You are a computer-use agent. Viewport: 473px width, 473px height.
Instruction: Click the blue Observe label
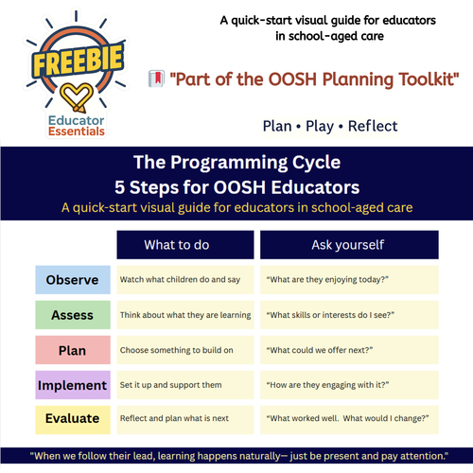point(72,280)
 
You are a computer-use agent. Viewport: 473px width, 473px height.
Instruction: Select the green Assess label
point(72,315)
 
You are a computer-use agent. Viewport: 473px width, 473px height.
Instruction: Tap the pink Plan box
point(72,350)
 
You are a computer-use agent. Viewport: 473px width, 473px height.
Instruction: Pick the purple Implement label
point(72,385)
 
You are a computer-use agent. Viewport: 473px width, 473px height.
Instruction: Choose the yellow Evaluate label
point(72,418)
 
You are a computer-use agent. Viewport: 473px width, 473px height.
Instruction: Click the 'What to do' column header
point(184,245)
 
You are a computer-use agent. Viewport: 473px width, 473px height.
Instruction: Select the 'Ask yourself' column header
point(348,245)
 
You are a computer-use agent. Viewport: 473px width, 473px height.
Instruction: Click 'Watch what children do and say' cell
point(184,280)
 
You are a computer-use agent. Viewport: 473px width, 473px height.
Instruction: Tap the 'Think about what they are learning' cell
point(184,315)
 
